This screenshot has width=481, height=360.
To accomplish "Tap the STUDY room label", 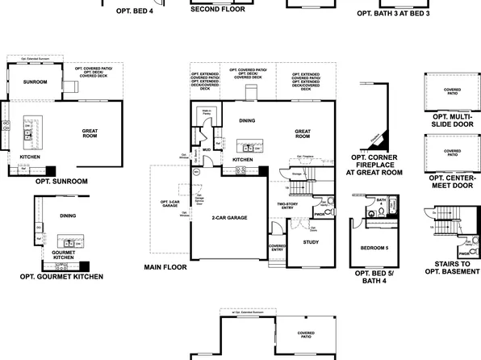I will pos(311,242).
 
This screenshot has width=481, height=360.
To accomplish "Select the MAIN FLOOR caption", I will pos(165,267).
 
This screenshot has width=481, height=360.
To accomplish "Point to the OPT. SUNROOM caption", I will pos(61,182).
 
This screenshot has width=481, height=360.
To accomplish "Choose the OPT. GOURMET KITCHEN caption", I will pos(61,276).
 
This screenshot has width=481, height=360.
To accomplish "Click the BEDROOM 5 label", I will pos(374,247).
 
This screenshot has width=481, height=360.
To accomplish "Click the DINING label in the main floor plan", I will pos(248,120).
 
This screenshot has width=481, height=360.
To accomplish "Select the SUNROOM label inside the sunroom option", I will pos(35,82).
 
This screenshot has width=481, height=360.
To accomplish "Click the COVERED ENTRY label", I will pos(277,248).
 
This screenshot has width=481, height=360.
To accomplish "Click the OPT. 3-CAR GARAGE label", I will pos(169,204).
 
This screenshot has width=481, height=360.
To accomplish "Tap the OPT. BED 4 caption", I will pos(134,12).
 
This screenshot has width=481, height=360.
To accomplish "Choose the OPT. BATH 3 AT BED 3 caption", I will pos(394,14).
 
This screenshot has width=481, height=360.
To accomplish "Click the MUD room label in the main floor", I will pos(207,150).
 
